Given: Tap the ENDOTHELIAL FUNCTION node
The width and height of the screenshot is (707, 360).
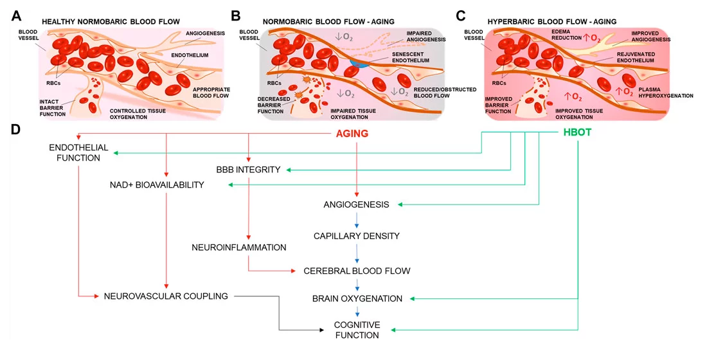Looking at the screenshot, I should tap(75, 152).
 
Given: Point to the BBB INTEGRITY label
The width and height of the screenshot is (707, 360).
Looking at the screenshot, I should tap(248, 170).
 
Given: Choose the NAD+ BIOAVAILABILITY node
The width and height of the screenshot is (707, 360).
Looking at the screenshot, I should tap(157, 185).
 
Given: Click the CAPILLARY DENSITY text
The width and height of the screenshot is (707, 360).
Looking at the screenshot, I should tap(356, 236).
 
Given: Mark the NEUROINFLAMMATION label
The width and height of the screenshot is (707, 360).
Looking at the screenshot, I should tap(238, 247).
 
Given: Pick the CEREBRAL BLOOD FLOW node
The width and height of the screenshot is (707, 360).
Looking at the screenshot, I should tap(357, 271).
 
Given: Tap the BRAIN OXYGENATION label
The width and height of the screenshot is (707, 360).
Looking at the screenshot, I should tap(357, 298).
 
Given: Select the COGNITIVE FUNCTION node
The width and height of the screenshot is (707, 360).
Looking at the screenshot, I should tap(357, 329).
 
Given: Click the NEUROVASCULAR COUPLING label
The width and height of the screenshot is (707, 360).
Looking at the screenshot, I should tap(166, 296).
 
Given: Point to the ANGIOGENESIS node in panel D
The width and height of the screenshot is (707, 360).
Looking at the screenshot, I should tap(356, 205).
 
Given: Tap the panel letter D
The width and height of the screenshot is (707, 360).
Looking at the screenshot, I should tap(16, 129).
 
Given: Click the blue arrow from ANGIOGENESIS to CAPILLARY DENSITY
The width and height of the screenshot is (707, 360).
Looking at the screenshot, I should tap(356, 221).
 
